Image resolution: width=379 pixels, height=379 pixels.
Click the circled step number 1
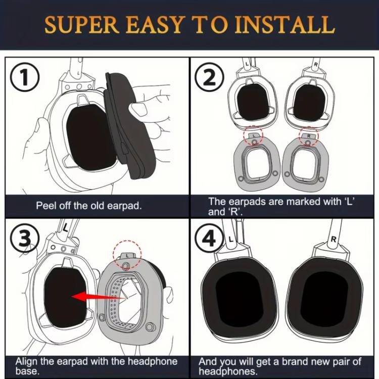(x=24, y=77)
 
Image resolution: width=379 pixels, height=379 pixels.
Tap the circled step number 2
(x=210, y=77)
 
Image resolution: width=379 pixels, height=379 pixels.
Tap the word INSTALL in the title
(x=285, y=25)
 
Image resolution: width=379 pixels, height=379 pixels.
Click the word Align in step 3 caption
(x=27, y=362)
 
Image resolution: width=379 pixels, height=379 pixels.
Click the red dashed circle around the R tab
(x=309, y=136)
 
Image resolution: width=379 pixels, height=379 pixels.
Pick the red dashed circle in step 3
(x=127, y=255)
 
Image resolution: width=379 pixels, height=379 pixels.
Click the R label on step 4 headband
(x=334, y=240)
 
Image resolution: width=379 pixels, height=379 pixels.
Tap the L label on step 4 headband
(x=231, y=240)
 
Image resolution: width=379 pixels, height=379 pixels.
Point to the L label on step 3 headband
(x=65, y=228)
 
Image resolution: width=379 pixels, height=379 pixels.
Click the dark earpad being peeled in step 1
(x=128, y=126)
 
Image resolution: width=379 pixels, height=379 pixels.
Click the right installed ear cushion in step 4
(x=325, y=296)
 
